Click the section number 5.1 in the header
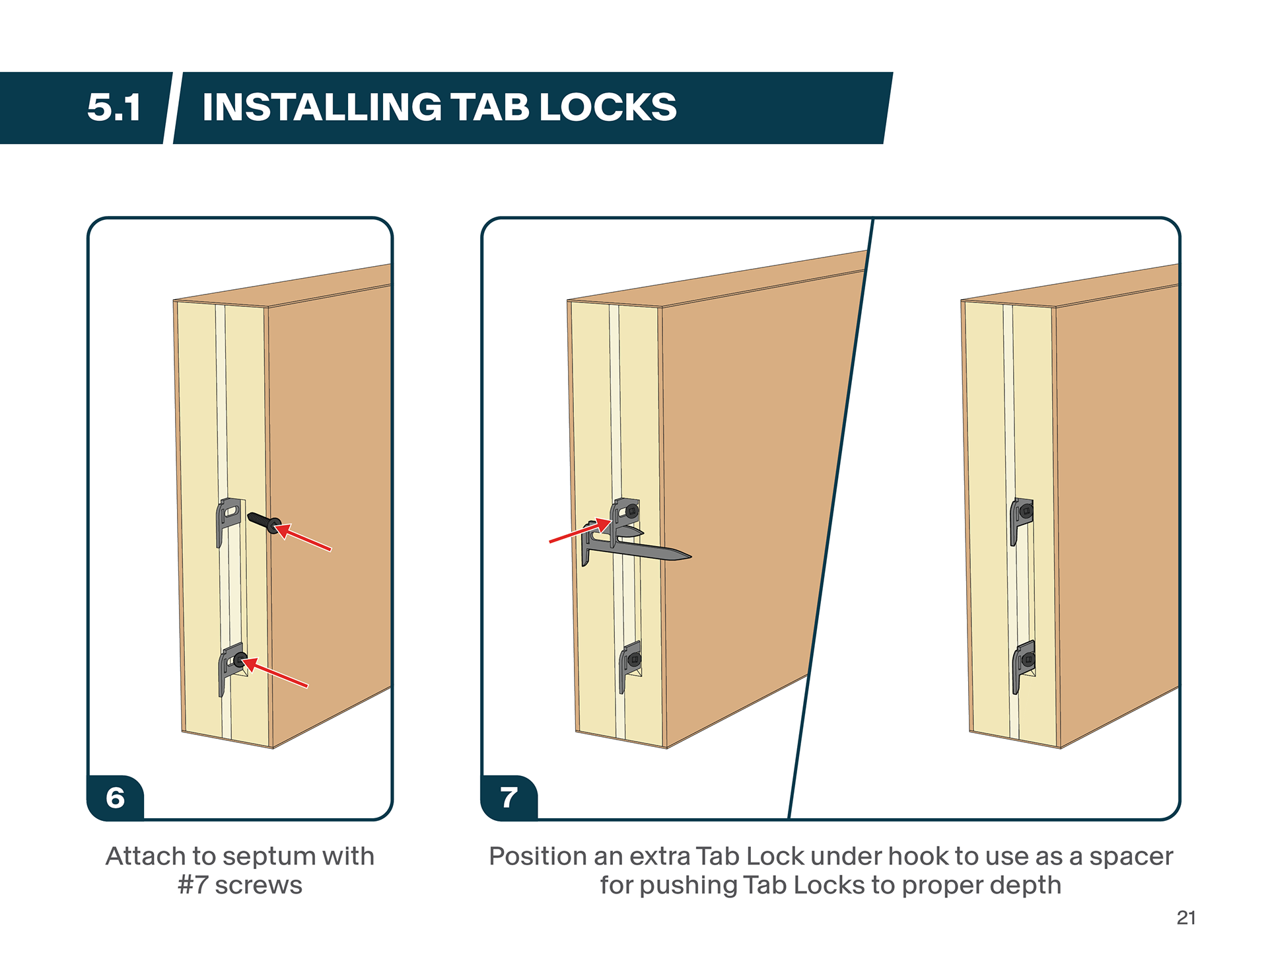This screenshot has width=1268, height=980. click(x=114, y=107)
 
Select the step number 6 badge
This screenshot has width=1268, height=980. click(x=116, y=798)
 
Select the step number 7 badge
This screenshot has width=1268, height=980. click(x=509, y=798)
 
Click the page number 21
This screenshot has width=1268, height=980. click(x=1186, y=918)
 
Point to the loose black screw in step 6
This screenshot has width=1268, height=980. click(x=263, y=522)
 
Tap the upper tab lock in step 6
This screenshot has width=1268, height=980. click(x=228, y=516)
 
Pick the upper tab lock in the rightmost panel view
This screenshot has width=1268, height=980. click(x=1022, y=516)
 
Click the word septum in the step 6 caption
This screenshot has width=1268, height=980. click(x=268, y=857)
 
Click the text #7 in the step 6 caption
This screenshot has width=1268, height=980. click(x=192, y=886)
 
